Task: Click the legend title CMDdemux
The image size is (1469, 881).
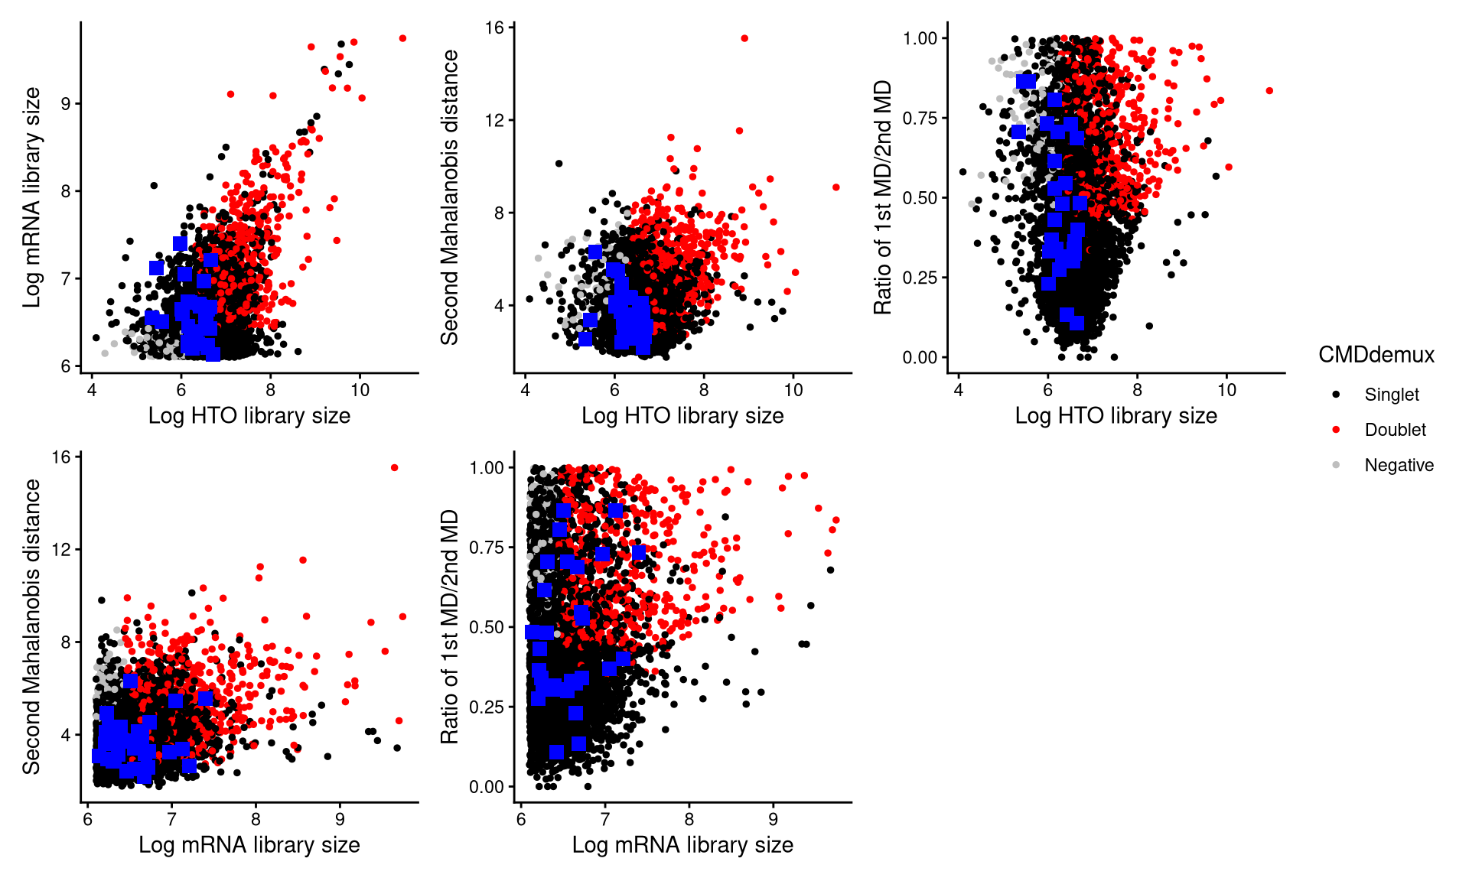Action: tap(1376, 355)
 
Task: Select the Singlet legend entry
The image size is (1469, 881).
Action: tap(1391, 395)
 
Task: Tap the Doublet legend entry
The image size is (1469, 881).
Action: tap(1395, 430)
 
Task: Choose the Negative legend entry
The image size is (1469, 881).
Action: tap(1399, 465)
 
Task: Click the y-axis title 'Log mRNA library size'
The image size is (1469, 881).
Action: tap(31, 197)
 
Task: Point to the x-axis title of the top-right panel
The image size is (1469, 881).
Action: tap(1116, 416)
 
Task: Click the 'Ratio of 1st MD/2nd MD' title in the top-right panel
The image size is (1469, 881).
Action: tap(883, 197)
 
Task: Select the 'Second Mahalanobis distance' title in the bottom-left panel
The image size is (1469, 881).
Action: tap(31, 626)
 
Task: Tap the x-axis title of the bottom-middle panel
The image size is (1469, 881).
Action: tap(682, 845)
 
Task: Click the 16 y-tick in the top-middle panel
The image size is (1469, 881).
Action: tap(494, 28)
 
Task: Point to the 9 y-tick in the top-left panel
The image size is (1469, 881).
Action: tap(66, 104)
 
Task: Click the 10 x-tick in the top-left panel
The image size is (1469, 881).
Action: tap(360, 390)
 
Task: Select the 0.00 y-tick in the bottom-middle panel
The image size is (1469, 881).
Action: tap(487, 787)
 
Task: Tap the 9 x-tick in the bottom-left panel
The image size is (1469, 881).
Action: tap(340, 819)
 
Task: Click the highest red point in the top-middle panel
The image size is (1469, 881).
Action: tap(744, 38)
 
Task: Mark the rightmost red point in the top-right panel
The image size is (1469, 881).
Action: tap(1269, 91)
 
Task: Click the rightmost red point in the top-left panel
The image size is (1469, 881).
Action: tap(402, 38)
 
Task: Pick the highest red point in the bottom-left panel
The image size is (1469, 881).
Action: tap(394, 468)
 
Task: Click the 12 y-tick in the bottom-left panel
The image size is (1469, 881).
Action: tap(60, 550)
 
